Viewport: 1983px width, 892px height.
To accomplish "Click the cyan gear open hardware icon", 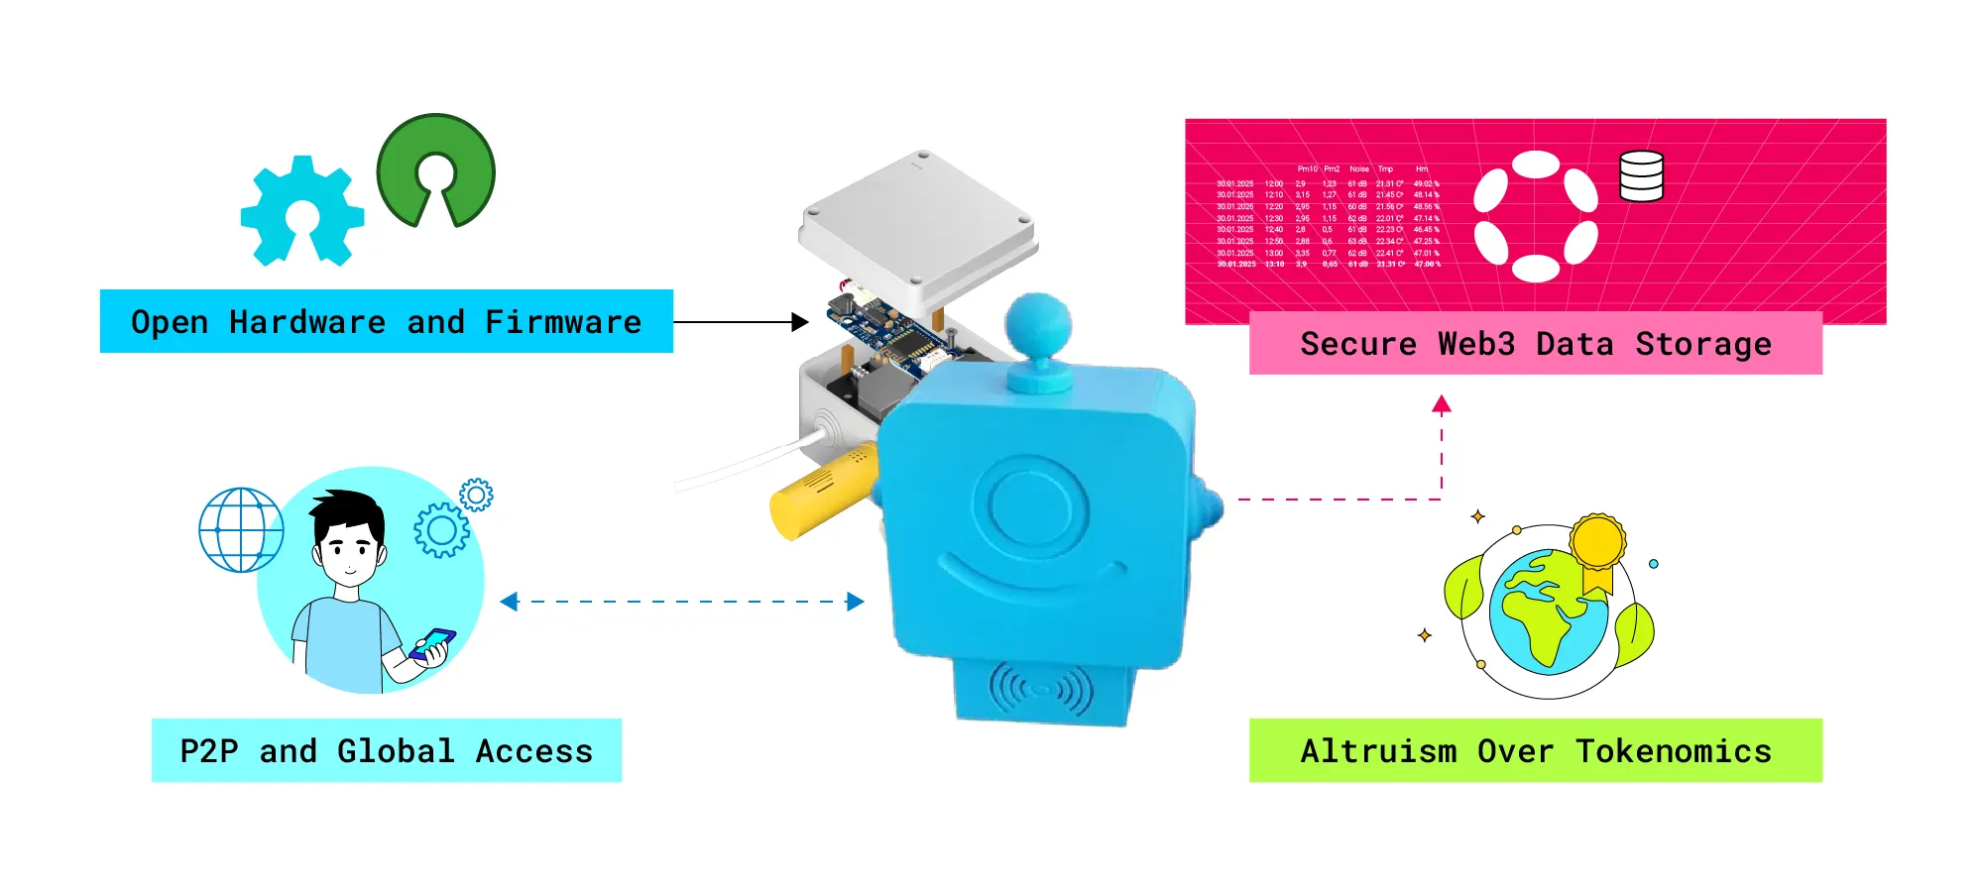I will (x=302, y=211).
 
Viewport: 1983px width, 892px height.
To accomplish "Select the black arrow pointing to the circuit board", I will (x=798, y=322).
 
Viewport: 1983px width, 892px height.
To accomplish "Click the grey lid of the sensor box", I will (x=917, y=228).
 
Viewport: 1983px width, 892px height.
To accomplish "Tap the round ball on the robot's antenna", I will (x=1038, y=325).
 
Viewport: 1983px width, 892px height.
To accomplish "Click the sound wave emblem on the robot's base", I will (x=1040, y=689).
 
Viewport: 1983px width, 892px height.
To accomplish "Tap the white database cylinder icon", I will (x=1641, y=176).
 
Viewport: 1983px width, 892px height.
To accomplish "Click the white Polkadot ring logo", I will (x=1535, y=216).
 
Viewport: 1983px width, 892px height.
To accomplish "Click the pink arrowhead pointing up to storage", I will (x=1442, y=404).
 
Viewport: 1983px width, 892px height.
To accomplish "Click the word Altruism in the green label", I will (x=1378, y=751).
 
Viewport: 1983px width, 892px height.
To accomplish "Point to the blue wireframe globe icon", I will (x=241, y=530).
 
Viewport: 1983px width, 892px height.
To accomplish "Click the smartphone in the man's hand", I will (x=432, y=644).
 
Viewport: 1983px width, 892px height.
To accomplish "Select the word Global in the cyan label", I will (x=396, y=751).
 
